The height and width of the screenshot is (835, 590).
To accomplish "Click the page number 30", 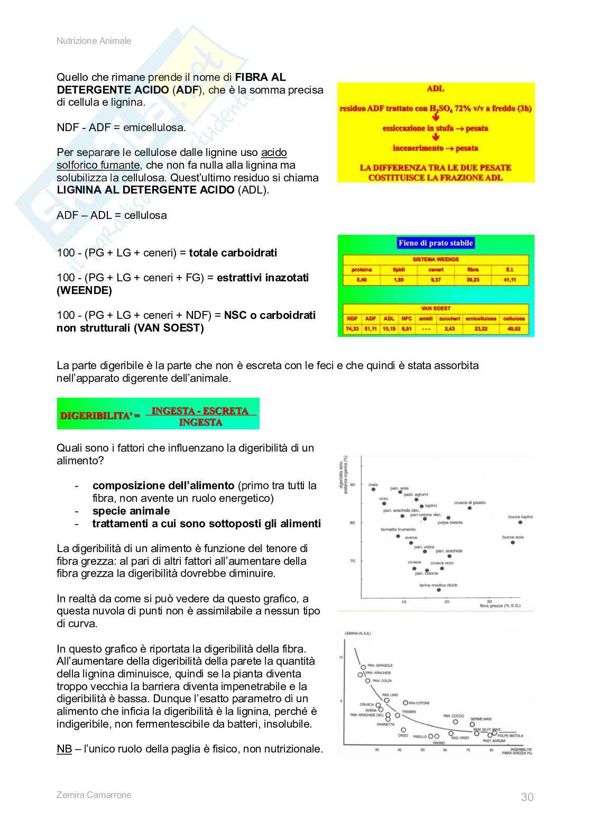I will pyautogui.click(x=527, y=797).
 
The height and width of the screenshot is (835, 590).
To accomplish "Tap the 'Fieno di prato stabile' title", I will pyautogui.click(x=436, y=243).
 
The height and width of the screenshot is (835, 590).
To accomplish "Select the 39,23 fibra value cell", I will pyautogui.click(x=473, y=280).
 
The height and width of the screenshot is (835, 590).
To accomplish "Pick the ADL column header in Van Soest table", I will pyautogui.click(x=389, y=319).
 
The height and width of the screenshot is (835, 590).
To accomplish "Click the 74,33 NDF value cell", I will pyautogui.click(x=352, y=329).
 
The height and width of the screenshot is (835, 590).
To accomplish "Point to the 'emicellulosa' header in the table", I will pyautogui.click(x=481, y=319).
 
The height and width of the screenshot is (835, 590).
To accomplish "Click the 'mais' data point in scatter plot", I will pyautogui.click(x=373, y=490).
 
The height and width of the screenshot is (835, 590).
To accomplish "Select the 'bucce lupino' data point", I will pyautogui.click(x=520, y=522).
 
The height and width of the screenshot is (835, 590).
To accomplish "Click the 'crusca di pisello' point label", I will pyautogui.click(x=469, y=503).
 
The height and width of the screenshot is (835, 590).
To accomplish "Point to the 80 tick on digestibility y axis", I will pyautogui.click(x=353, y=522).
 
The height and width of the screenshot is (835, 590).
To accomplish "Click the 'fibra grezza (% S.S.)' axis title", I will pyautogui.click(x=500, y=605).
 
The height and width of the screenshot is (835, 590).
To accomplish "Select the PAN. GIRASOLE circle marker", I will pyautogui.click(x=363, y=667).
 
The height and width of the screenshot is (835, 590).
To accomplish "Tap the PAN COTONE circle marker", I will pyautogui.click(x=405, y=703).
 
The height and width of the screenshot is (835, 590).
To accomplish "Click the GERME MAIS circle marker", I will pyautogui.click(x=472, y=725).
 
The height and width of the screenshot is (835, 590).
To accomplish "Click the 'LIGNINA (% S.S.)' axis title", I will pyautogui.click(x=357, y=633).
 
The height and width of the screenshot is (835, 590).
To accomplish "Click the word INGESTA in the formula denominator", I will pyautogui.click(x=200, y=422).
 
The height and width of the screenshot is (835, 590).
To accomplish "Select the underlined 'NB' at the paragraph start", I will pyautogui.click(x=64, y=749).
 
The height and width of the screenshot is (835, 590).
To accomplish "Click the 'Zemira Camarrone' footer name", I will pyautogui.click(x=94, y=795).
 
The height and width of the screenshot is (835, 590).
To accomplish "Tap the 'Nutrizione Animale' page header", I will pyautogui.click(x=94, y=41).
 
